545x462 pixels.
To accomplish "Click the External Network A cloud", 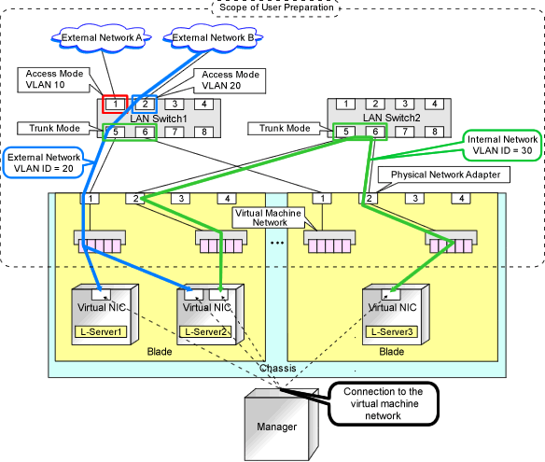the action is tap(101, 38).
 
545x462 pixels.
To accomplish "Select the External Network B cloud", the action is tap(213, 38).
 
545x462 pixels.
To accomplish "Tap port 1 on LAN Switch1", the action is tap(115, 104).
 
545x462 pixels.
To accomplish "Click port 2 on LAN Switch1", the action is tap(145, 104).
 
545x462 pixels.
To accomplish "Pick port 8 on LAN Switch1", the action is tap(204, 132).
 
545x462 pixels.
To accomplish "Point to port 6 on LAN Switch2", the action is tap(375, 132).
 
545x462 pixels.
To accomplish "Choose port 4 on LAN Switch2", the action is tap(435, 104).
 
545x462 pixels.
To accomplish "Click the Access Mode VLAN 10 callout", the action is tap(54, 80).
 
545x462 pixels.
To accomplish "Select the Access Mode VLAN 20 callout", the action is tap(230, 80).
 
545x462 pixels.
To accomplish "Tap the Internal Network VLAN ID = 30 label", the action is tap(502, 146).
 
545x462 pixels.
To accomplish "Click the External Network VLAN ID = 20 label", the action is tap(44, 162).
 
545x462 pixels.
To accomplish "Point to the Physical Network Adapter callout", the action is tap(444, 175).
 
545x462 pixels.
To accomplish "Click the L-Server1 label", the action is tap(101, 331).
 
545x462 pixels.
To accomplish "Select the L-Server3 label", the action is tap(392, 331).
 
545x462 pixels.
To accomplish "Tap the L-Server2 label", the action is tap(205, 331).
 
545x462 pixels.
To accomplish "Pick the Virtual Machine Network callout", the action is tap(268, 217).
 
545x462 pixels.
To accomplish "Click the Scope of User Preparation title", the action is tap(276, 7).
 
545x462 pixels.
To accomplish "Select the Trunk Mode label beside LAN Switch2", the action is tap(285, 129).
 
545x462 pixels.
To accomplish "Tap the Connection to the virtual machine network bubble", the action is tap(383, 403).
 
